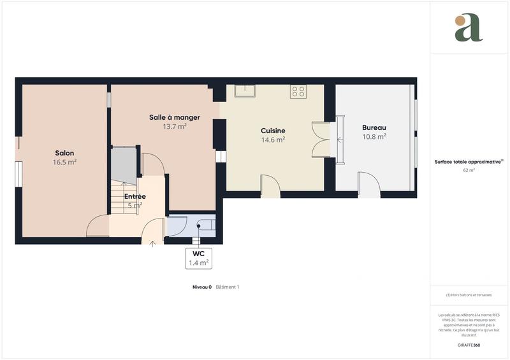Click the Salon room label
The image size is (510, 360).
(64, 153)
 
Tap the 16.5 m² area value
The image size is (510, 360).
(64, 162)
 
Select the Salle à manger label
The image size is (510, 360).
(175, 117)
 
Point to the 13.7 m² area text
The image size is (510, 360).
(175, 126)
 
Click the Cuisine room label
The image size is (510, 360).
(273, 131)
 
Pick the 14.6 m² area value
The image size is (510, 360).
(273, 140)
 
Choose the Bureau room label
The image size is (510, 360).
(374, 127)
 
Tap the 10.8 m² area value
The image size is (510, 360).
(374, 136)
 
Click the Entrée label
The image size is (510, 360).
(135, 196)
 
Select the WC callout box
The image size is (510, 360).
(198, 257)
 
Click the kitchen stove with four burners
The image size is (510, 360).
(298, 91)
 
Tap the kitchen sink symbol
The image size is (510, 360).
(244, 90)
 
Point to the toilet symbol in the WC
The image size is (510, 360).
(205, 225)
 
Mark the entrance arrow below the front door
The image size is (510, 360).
(152, 243)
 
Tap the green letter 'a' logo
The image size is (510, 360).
(469, 28)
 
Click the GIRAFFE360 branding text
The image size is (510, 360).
(469, 345)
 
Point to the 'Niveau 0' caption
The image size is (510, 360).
(201, 287)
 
